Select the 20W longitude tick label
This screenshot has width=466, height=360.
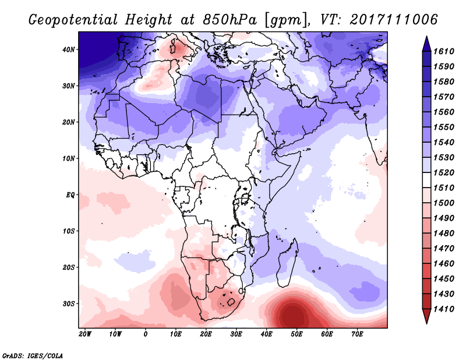(x=85, y=334)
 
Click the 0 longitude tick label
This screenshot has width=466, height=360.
(x=146, y=334)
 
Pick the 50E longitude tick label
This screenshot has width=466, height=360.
(x=296, y=334)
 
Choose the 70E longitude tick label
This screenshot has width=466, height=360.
(x=357, y=334)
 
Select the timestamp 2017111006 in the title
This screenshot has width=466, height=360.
(x=394, y=20)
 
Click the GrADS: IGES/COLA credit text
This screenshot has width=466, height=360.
(x=32, y=354)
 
